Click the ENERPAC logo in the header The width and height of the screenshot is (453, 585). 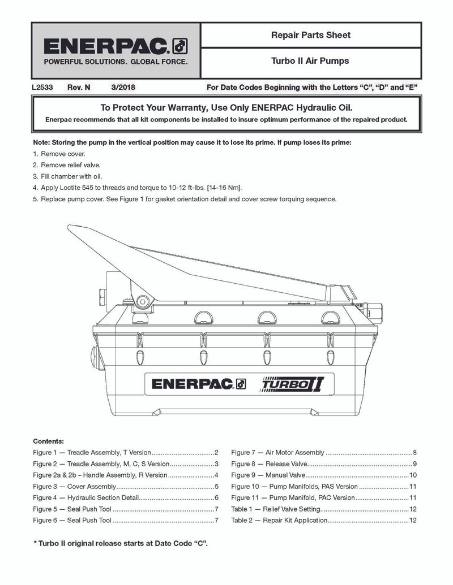[x=116, y=46]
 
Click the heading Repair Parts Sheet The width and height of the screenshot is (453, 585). [x=311, y=35]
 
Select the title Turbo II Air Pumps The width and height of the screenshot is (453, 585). [x=310, y=60]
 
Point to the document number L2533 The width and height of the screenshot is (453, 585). [x=42, y=88]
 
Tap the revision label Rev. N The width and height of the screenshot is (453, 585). [x=79, y=88]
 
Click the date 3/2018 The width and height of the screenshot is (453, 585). [x=123, y=88]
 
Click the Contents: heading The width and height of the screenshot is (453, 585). [x=49, y=441]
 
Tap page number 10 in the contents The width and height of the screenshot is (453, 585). [x=413, y=475]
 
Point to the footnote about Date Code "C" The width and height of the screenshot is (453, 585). [x=121, y=543]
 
